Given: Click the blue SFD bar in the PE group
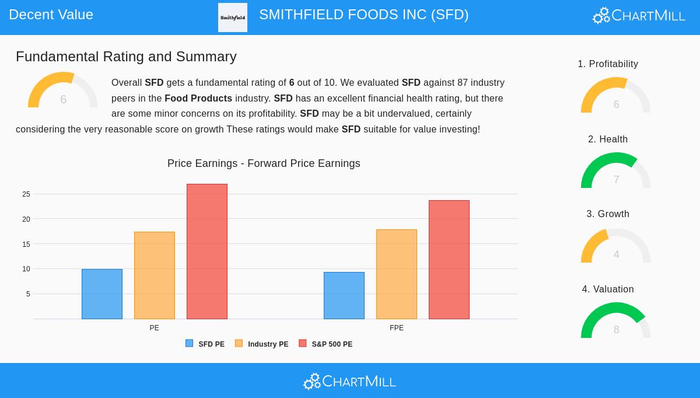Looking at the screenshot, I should (x=102, y=294).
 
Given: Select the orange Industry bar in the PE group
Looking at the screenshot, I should (x=155, y=275).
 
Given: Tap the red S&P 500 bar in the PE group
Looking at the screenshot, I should (x=207, y=252).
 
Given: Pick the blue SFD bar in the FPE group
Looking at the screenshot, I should (x=344, y=295).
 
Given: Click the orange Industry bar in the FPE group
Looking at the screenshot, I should (x=397, y=274).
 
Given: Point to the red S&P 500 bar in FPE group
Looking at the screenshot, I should (x=449, y=260).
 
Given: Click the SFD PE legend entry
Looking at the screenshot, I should (x=205, y=344).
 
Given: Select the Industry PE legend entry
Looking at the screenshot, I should (x=262, y=344).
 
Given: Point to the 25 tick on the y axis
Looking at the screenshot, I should (x=26, y=194).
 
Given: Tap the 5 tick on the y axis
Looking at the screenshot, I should (x=28, y=294).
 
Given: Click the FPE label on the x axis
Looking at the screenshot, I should (x=397, y=328).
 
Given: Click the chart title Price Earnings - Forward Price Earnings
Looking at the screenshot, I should (x=264, y=163).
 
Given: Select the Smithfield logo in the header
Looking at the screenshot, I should (x=233, y=18).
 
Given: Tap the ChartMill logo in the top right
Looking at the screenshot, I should (x=639, y=15).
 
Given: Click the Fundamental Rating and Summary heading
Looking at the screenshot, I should (x=126, y=57).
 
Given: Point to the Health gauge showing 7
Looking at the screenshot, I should (x=616, y=171).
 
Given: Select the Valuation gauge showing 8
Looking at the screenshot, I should (x=616, y=321).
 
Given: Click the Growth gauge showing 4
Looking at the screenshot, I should (x=616, y=246).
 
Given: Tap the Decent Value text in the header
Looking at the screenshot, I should (x=51, y=15).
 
